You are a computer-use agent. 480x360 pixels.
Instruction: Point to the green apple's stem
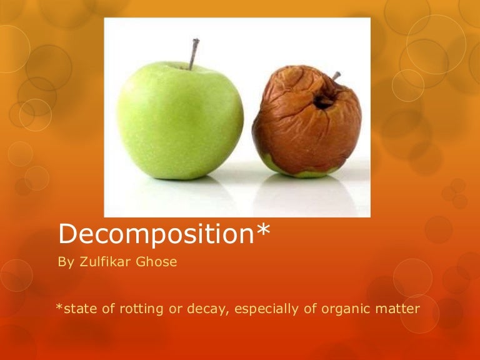(194, 53)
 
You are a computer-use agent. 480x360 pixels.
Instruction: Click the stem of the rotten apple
(336, 76)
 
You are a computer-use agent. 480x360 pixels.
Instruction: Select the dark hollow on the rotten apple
(323, 101)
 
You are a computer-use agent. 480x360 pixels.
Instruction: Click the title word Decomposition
(157, 234)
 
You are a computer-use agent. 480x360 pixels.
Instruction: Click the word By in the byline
(66, 262)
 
